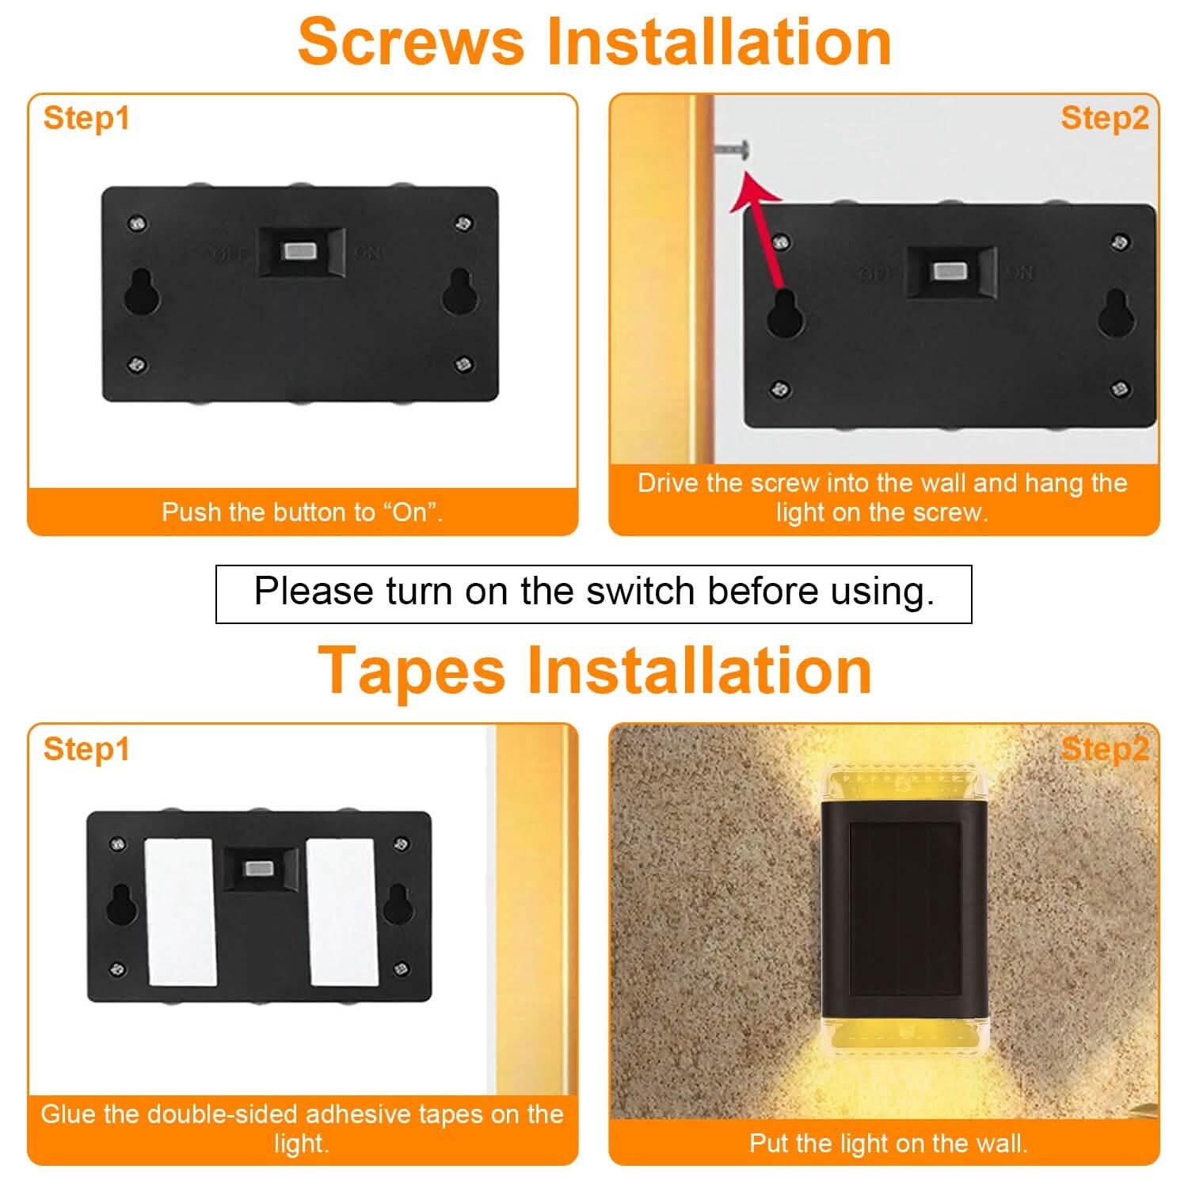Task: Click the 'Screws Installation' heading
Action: tap(594, 41)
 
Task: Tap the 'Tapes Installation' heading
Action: tap(594, 670)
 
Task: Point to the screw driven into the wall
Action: tap(733, 148)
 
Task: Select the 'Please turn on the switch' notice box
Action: tap(594, 593)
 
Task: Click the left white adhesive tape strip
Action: tap(181, 912)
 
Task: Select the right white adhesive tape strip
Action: tap(341, 912)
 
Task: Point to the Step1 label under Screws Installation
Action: tap(86, 118)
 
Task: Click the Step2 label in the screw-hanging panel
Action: tap(1104, 118)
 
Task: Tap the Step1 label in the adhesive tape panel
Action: tap(86, 748)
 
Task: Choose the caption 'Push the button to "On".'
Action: tap(303, 512)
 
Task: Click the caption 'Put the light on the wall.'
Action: tap(888, 1143)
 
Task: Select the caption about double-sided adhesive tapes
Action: tap(302, 1128)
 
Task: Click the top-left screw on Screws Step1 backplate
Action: tap(138, 224)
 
